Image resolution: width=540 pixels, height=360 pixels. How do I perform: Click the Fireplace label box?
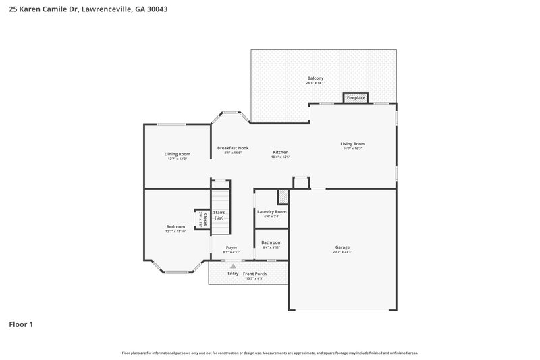[x=356, y=98]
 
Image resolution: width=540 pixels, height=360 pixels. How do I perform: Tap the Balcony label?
[x=315, y=78]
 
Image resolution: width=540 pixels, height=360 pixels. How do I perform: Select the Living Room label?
[x=352, y=143]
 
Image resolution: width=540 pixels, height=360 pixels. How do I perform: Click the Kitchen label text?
[x=280, y=152]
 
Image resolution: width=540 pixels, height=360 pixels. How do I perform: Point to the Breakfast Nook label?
[x=233, y=148]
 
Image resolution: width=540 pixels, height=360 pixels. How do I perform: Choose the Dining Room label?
[x=178, y=154]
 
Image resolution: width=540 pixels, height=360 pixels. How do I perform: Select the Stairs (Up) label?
[x=219, y=215]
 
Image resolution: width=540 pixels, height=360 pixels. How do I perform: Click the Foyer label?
[x=232, y=248]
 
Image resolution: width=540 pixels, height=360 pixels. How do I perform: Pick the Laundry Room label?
[x=271, y=211]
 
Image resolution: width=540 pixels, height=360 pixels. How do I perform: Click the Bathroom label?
[x=271, y=242]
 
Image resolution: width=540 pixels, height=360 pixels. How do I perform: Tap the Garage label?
[x=342, y=247]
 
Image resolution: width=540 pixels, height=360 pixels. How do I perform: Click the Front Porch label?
[x=255, y=273]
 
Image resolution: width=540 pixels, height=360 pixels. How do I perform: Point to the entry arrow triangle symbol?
[x=232, y=266]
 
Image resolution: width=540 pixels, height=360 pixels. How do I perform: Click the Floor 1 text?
[x=21, y=324]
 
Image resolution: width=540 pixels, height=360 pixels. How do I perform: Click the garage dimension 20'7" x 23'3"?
[x=342, y=252]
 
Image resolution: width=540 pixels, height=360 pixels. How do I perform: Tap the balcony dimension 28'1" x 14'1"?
[x=315, y=84]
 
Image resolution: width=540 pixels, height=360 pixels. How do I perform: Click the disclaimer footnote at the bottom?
[x=269, y=353]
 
